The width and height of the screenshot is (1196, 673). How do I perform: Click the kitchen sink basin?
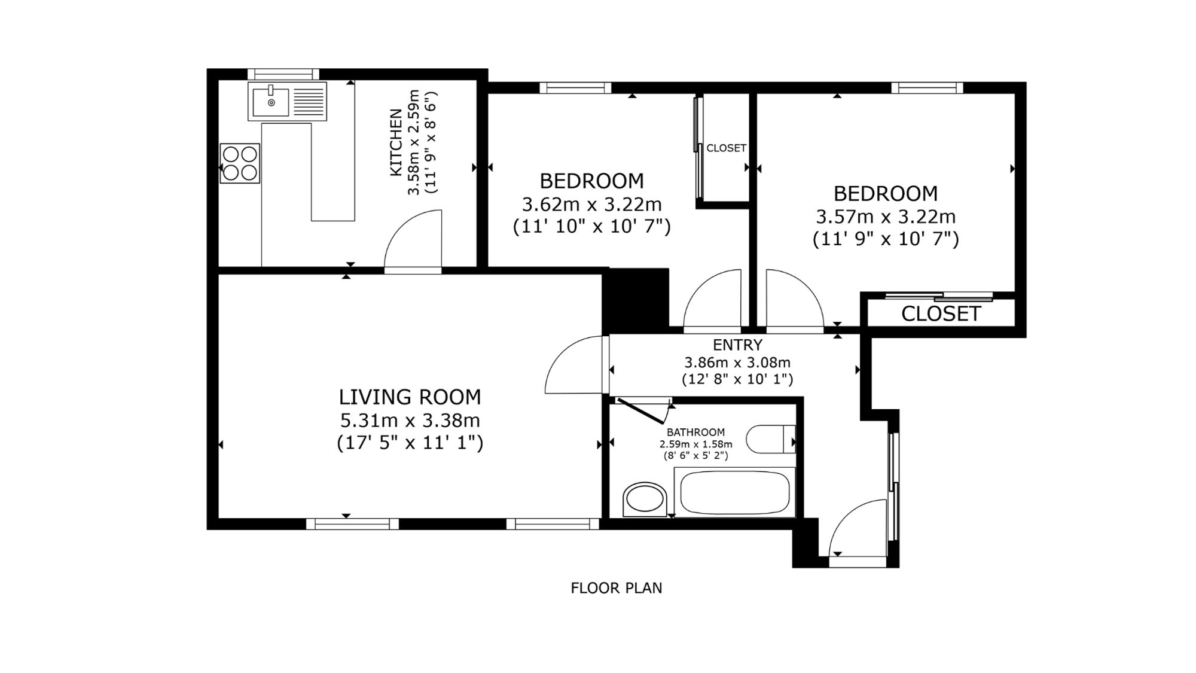[x=271, y=102]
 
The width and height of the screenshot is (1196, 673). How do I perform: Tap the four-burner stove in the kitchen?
[x=240, y=163]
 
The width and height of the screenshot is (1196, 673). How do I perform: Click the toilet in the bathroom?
[x=771, y=439]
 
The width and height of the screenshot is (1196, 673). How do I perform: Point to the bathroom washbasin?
[x=644, y=499]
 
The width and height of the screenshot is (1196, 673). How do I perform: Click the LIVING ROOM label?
[x=410, y=397]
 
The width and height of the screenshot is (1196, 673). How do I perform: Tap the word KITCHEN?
[x=396, y=142]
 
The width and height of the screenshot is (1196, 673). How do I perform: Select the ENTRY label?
[x=737, y=345]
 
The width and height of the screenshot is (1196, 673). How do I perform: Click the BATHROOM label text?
[x=695, y=432]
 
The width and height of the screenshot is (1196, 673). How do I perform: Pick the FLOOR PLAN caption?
[x=617, y=588]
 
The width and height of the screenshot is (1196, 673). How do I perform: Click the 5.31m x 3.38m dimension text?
[x=410, y=421]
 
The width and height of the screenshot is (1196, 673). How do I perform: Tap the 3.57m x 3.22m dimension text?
[x=886, y=217]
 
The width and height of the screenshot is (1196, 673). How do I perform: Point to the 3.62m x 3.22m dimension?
[x=592, y=205]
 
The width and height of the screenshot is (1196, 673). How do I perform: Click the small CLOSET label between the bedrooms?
[x=727, y=148]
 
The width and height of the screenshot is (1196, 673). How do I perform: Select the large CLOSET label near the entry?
[x=941, y=313]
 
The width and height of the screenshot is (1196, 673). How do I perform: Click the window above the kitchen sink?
[x=283, y=75]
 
